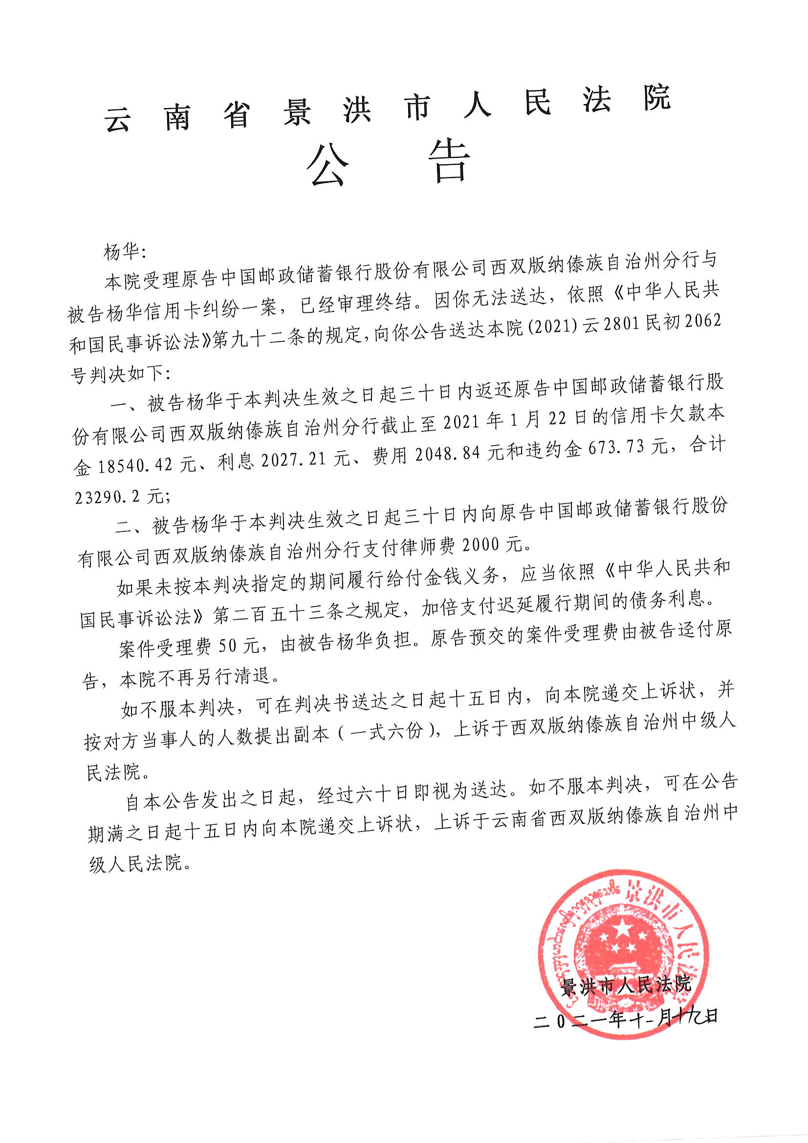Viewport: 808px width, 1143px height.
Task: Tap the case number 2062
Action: (x=702, y=321)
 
